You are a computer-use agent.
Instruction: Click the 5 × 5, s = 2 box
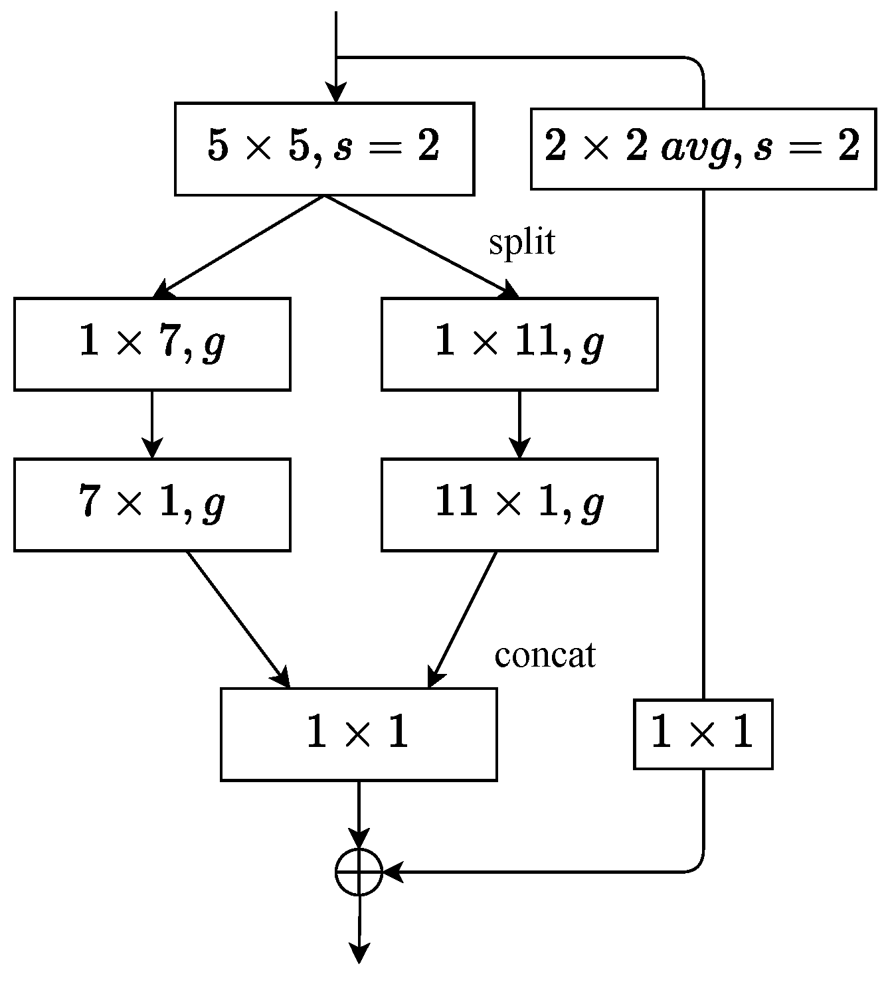point(324,149)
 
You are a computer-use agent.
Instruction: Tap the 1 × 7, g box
point(152,344)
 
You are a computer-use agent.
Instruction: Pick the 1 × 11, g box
point(519,344)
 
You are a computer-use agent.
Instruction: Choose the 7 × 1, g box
point(152,505)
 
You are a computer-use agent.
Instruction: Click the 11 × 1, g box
point(519,505)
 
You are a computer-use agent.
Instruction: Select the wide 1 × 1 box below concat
point(359,734)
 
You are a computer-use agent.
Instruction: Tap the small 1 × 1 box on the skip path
point(703,734)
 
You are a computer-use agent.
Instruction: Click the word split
point(522,243)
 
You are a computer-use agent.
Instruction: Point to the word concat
point(545,655)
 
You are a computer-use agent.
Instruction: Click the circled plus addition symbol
point(359,871)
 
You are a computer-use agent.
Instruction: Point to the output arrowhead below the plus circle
point(359,953)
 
